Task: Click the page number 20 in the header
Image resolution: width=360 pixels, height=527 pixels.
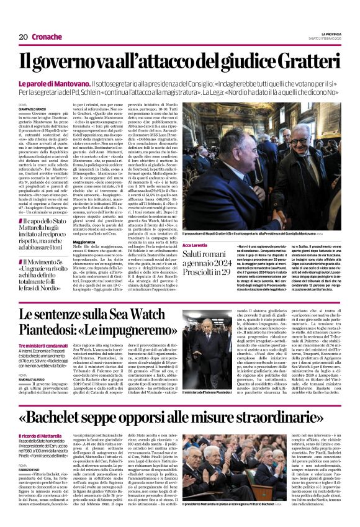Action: [23, 37]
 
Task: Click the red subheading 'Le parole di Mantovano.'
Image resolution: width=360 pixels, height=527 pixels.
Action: [63, 83]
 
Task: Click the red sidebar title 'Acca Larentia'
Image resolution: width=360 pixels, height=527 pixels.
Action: [194, 245]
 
